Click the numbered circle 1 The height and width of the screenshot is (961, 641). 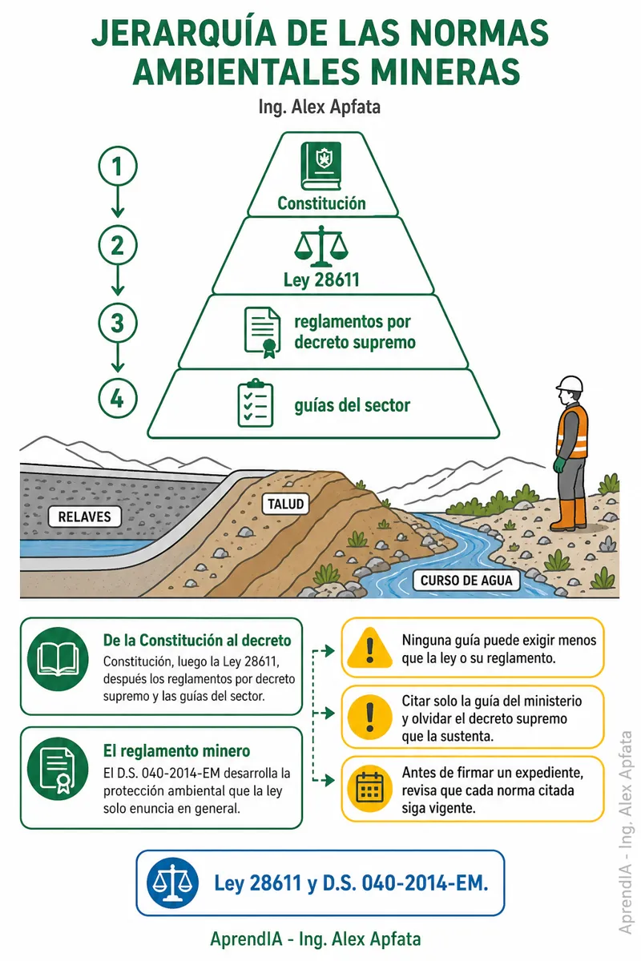(x=118, y=166)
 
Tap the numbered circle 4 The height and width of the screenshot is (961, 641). (x=118, y=398)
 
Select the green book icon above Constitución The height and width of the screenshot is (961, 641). (x=321, y=166)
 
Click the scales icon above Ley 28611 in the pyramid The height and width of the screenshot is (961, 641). (x=321, y=247)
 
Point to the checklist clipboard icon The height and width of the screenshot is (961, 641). (x=256, y=403)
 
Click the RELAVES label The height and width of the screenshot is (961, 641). (x=84, y=517)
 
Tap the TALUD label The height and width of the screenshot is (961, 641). (x=285, y=504)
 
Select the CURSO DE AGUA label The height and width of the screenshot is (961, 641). (x=466, y=581)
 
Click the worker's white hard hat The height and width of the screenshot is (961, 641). (x=570, y=384)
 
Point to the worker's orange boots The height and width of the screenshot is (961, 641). (x=569, y=515)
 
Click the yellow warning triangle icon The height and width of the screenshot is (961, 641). (x=369, y=648)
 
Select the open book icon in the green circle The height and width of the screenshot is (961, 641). (x=58, y=659)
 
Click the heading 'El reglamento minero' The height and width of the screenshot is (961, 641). (x=176, y=751)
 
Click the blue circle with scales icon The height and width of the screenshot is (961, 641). (x=172, y=883)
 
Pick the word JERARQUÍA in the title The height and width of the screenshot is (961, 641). (x=183, y=33)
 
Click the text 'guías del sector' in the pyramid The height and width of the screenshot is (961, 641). (x=352, y=405)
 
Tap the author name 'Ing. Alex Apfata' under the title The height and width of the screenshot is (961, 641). (x=320, y=107)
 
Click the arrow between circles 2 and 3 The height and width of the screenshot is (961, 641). (x=118, y=279)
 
